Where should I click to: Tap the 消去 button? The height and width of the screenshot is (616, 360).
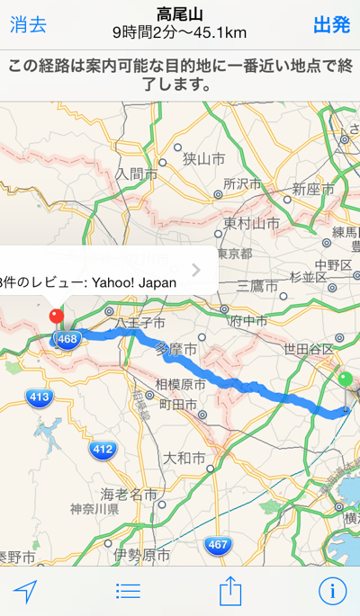click(x=28, y=25)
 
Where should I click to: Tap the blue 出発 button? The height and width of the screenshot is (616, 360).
click(x=331, y=25)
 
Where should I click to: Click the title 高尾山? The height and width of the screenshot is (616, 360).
click(x=179, y=14)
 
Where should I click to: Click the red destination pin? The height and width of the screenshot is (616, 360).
click(x=56, y=317)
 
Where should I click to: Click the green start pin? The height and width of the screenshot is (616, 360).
click(x=346, y=379)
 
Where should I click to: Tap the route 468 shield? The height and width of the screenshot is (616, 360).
click(x=66, y=339)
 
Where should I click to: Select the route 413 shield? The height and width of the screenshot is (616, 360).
click(x=39, y=396)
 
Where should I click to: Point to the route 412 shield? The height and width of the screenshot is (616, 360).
click(x=103, y=449)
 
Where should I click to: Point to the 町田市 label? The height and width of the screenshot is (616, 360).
click(x=178, y=406)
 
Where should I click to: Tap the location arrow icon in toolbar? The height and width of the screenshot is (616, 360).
click(x=26, y=591)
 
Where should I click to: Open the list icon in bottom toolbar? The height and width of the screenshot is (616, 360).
click(x=129, y=591)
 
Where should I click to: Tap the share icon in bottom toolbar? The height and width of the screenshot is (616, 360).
click(x=231, y=590)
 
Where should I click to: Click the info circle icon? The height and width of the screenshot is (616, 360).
click(x=333, y=591)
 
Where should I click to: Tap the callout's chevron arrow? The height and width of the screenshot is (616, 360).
click(x=196, y=270)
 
